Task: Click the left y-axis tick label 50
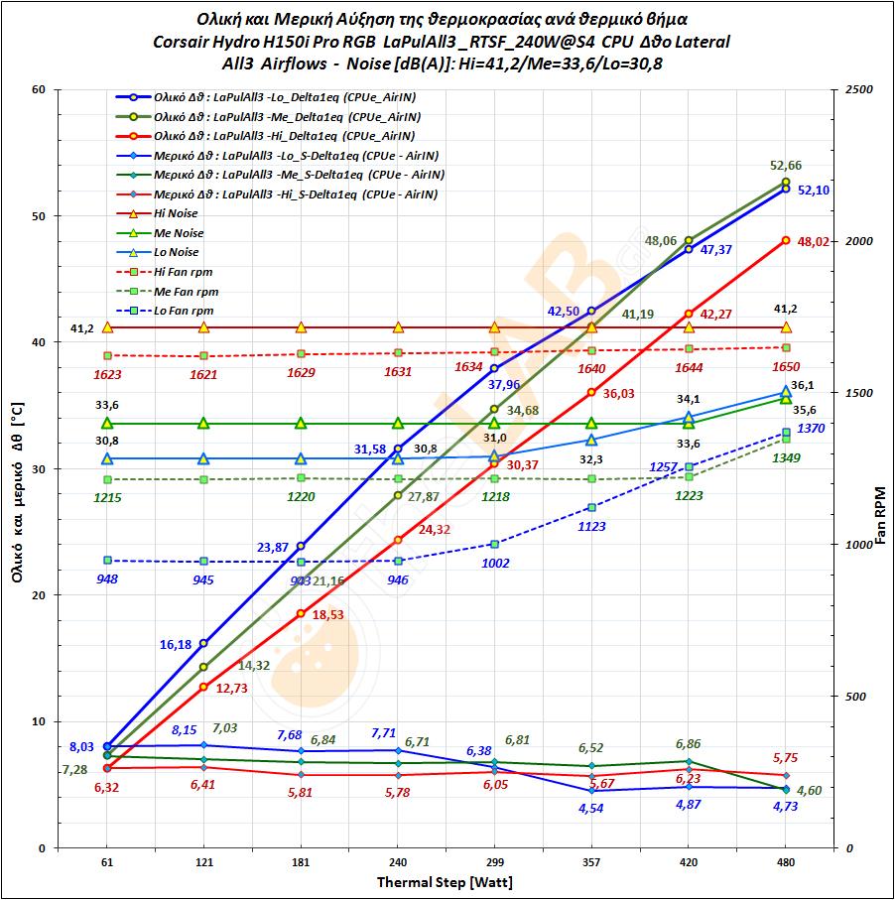click(x=41, y=216)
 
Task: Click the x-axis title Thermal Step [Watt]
click(x=446, y=882)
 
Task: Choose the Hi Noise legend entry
click(x=176, y=213)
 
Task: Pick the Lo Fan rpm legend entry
click(x=185, y=311)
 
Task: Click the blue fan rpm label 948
click(x=107, y=579)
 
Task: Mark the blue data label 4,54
click(x=591, y=808)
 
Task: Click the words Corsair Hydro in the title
click(x=203, y=42)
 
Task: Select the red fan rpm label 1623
click(x=107, y=374)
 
